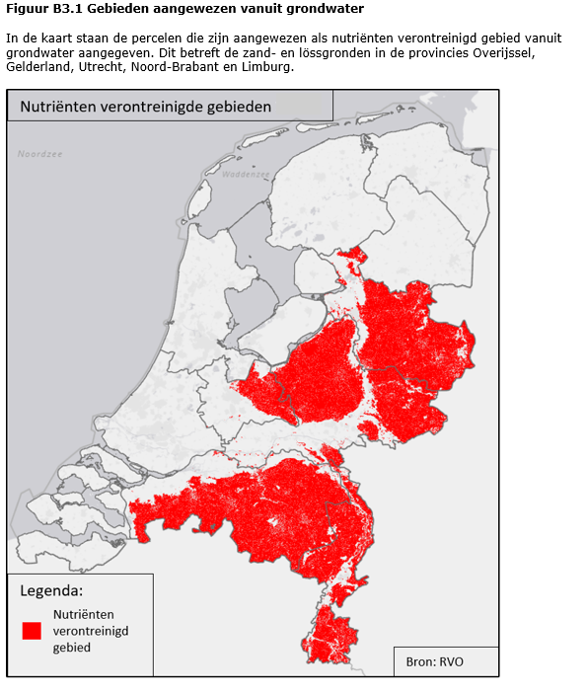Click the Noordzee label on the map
click(38, 154)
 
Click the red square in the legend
click(32, 630)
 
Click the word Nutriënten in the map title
click(54, 106)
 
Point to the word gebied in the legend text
click(72, 647)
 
